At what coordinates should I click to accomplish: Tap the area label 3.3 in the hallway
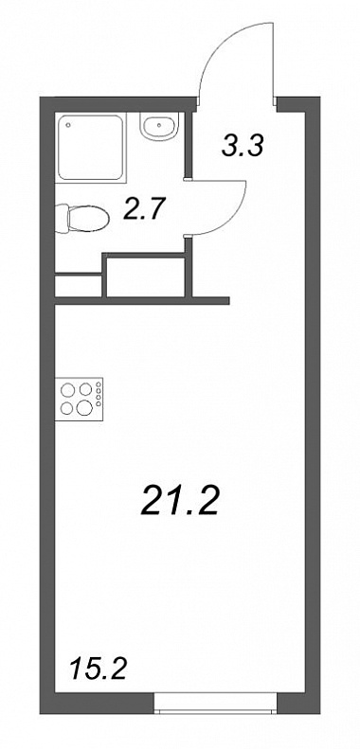[242, 145]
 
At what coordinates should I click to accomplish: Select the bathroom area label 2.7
[144, 208]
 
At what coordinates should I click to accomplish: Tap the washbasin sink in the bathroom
[160, 126]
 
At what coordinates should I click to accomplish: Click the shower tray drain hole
[69, 126]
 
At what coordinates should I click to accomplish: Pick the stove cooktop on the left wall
[80, 399]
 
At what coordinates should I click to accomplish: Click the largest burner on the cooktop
[85, 407]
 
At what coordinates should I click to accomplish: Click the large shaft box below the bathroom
[145, 277]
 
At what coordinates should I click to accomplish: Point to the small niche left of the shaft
[79, 286]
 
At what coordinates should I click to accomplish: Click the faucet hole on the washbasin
[159, 126]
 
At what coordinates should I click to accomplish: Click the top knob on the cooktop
[99, 383]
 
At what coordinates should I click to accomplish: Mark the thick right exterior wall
[313, 405]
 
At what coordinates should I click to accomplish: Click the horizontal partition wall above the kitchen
[142, 300]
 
